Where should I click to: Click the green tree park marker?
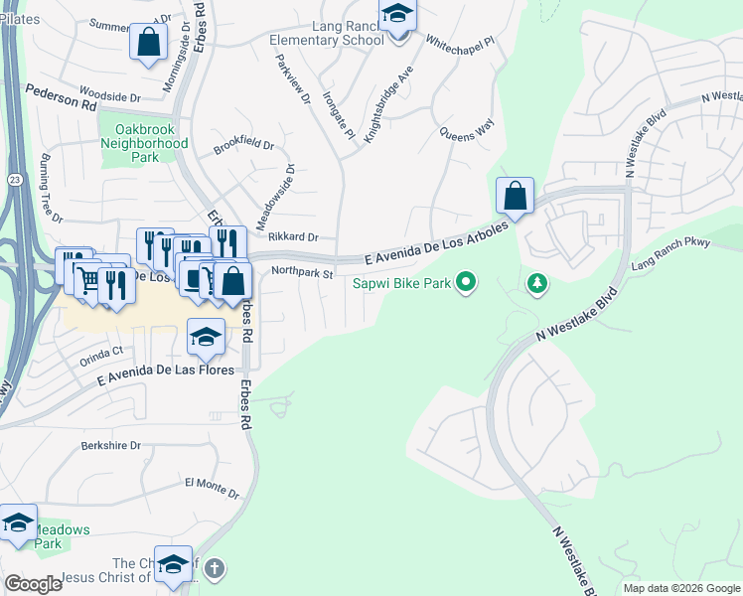pos(537,285)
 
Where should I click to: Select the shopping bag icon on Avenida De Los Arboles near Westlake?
pos(516,197)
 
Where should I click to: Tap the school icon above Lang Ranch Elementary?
pos(398,17)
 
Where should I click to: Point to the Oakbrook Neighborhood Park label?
pos(144,143)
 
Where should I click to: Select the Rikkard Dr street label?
pos(293,237)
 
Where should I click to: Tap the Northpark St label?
pos(300,271)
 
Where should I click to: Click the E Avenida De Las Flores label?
pos(166,375)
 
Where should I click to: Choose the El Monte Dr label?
pos(212,487)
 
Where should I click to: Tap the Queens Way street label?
pos(467,129)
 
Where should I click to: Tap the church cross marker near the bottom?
pos(216,569)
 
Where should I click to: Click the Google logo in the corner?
pos(34,584)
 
